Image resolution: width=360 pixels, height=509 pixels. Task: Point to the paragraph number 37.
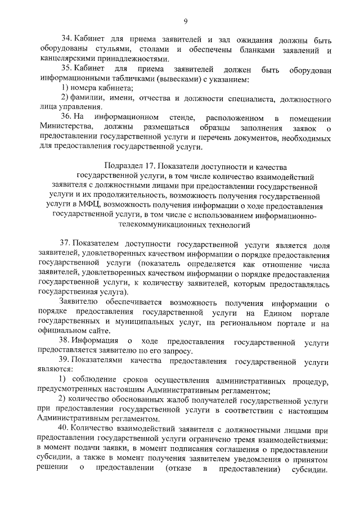point(65,245)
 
